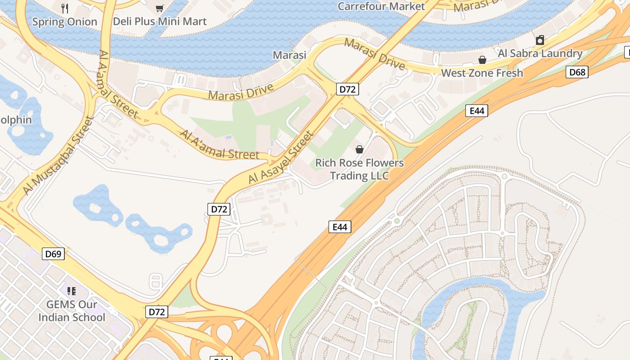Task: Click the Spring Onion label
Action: point(64,22)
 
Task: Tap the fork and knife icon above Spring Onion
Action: point(65,8)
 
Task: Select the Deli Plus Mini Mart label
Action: point(159,21)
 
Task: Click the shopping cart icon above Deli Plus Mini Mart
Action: point(159,8)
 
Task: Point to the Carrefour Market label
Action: point(381,6)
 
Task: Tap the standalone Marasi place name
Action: point(289,55)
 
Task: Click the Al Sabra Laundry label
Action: point(540,53)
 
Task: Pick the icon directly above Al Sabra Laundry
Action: point(540,40)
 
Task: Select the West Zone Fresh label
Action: point(482,73)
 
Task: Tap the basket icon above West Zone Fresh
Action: point(482,60)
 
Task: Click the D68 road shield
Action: point(577,72)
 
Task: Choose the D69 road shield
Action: point(54,254)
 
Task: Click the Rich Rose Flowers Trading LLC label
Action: point(359,169)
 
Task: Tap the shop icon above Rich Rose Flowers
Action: point(360,149)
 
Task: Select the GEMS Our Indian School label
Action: point(72,311)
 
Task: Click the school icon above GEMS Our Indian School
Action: point(72,291)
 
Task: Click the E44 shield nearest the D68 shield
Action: point(477,110)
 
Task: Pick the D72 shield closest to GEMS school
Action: point(157,311)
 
